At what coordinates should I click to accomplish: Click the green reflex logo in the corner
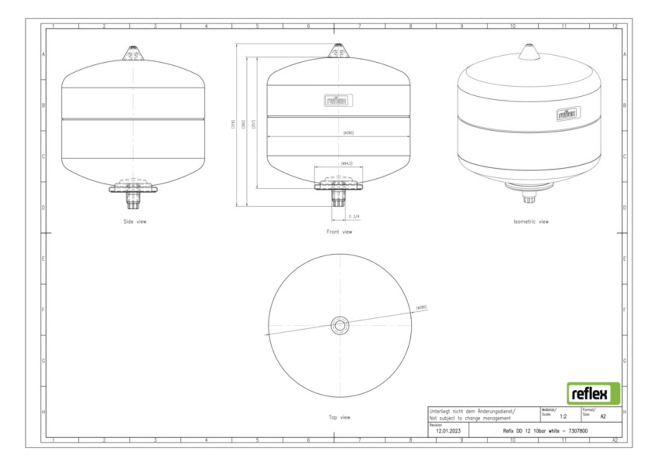tap(593, 393)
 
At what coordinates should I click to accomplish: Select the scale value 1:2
tap(563, 416)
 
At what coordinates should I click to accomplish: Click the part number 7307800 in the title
tap(578, 431)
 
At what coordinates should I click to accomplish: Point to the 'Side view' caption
tap(135, 222)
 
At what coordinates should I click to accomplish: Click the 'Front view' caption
tap(339, 232)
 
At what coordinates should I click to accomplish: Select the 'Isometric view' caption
tap(531, 222)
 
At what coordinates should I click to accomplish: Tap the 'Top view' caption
tap(339, 417)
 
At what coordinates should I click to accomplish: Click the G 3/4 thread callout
tap(354, 216)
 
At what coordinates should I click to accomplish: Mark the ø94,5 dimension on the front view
tap(347, 163)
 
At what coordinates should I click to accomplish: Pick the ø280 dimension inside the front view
tap(348, 133)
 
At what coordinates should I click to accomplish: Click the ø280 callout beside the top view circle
tap(421, 308)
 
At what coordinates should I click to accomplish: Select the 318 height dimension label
tap(233, 124)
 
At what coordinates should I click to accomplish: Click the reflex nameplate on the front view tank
tap(338, 100)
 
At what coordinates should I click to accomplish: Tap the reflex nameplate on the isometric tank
tap(568, 113)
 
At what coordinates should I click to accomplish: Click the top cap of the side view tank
tap(133, 54)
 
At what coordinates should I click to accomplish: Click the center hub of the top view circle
tap(340, 326)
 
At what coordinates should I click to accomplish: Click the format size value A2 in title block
tap(603, 416)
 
